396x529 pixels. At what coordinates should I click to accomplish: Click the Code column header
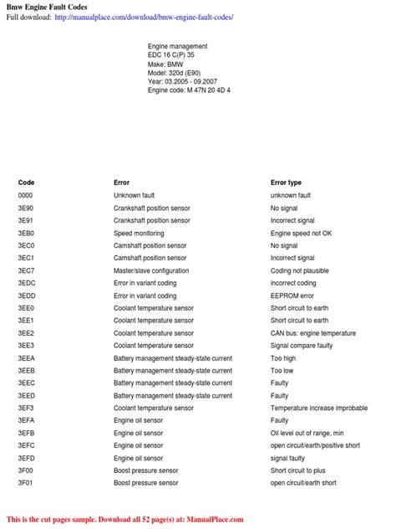point(26,182)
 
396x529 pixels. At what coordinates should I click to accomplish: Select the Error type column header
point(286,182)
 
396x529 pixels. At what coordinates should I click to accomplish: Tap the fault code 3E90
point(26,208)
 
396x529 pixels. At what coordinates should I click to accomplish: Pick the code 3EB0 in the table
point(26,234)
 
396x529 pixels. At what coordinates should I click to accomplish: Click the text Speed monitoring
point(139,234)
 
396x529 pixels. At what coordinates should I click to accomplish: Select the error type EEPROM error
point(292,295)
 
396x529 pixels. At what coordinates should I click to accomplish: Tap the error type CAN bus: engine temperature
point(312,333)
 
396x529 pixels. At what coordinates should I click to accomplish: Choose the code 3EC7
point(26,271)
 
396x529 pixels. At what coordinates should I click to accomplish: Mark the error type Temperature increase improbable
point(318,408)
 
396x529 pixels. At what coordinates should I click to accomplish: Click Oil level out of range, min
point(307,433)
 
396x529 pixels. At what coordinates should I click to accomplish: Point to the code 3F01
point(26,483)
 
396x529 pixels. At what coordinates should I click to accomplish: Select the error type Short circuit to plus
point(297,470)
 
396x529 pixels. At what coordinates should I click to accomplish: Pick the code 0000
point(26,195)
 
